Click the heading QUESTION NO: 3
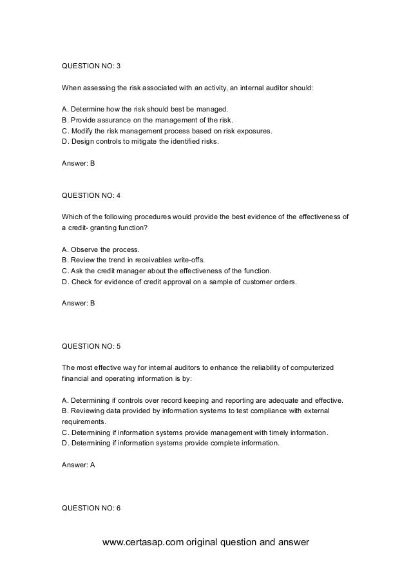point(90,66)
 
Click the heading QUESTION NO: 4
point(90,196)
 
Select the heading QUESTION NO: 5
point(90,347)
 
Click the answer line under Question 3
point(77,164)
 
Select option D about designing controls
point(140,141)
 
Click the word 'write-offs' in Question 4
point(194,260)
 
